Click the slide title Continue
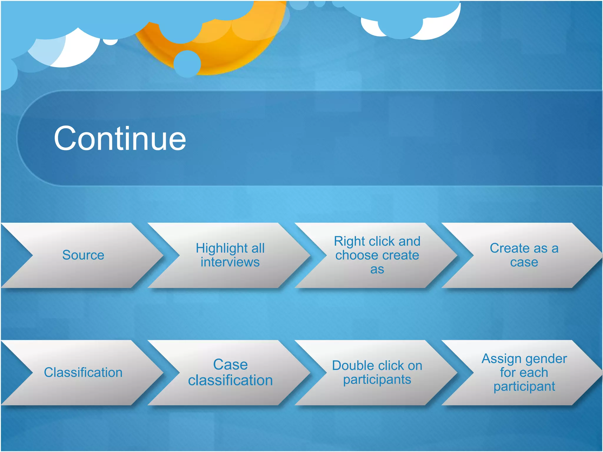120,138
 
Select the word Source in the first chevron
83,255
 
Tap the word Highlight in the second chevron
217,248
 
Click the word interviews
230,262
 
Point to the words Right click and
377,241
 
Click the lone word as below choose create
377,269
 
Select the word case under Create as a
524,262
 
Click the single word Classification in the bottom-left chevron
83,373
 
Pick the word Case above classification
230,365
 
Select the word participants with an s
377,380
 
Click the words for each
524,373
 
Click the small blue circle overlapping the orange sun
187,64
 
